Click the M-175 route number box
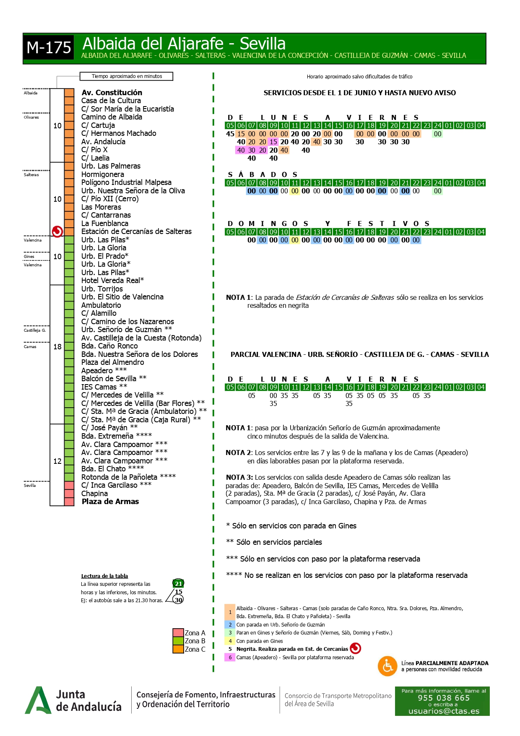point(49,48)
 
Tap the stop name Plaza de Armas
point(110,502)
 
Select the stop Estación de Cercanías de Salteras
point(136,231)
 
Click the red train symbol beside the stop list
point(57,231)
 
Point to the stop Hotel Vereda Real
point(112,281)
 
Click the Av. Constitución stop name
point(112,93)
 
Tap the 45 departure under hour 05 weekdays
point(230,134)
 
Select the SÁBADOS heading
point(263,174)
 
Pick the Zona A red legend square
point(178,633)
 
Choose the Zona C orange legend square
point(178,649)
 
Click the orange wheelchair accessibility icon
point(387,666)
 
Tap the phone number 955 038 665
point(443,698)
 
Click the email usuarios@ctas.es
point(444,711)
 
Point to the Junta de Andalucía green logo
point(38,700)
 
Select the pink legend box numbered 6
point(230,657)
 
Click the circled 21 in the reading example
point(179,583)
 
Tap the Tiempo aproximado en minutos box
point(127,76)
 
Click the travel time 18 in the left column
point(57,347)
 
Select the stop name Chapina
point(94,494)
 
